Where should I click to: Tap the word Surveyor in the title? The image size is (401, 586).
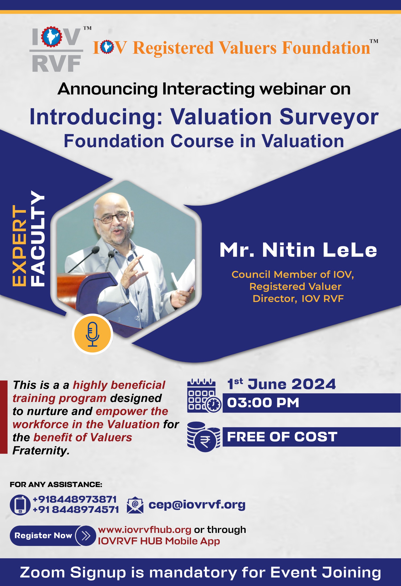click(x=329, y=117)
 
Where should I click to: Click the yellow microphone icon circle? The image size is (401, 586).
click(x=92, y=334)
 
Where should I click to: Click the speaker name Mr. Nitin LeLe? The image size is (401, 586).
click(x=298, y=250)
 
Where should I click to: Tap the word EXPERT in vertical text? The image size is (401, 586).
click(x=19, y=246)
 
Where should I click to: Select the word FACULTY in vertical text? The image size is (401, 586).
click(x=38, y=238)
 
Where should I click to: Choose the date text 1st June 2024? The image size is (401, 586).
click(x=281, y=384)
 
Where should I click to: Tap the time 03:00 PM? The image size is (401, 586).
click(x=263, y=402)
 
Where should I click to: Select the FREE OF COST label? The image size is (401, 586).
click(x=282, y=437)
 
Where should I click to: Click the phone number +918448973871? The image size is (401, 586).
click(x=75, y=499)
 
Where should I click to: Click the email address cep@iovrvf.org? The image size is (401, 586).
click(x=197, y=505)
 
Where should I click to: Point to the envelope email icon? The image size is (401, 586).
click(x=135, y=505)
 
